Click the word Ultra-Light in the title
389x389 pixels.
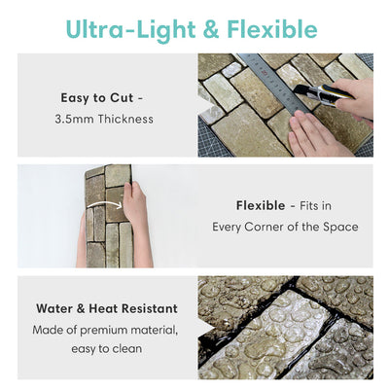pyautogui.click(x=130, y=29)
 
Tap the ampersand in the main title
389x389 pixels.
pyautogui.click(x=211, y=30)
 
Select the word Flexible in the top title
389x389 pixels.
pyautogui.click(x=272, y=29)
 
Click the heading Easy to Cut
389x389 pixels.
pyautogui.click(x=97, y=98)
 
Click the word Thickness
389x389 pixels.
pyautogui.click(x=125, y=119)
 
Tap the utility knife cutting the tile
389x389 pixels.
pyautogui.click(x=324, y=93)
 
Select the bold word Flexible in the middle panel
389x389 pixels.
pyautogui.click(x=261, y=205)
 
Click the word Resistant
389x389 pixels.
pyautogui.click(x=149, y=308)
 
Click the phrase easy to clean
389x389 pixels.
pyautogui.click(x=106, y=349)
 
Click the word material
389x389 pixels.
pyautogui.click(x=155, y=330)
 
